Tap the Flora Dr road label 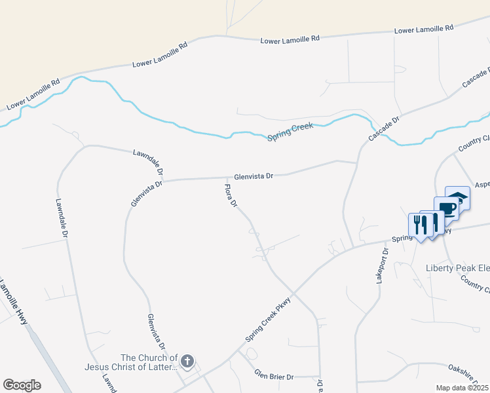(x=231, y=196)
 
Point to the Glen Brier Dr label (x=274, y=376)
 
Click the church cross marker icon (x=187, y=361)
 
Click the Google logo (x=22, y=385)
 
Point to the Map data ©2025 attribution (x=462, y=388)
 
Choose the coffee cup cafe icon (x=447, y=208)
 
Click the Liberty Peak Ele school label (x=457, y=268)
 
